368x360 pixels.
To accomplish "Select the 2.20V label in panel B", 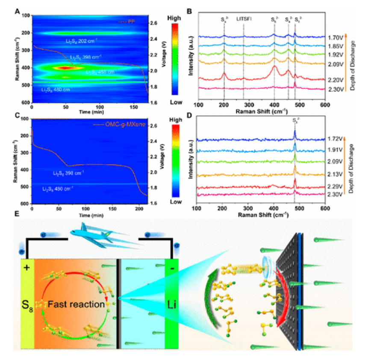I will (336, 79).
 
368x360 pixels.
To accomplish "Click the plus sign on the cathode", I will (27, 267).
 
